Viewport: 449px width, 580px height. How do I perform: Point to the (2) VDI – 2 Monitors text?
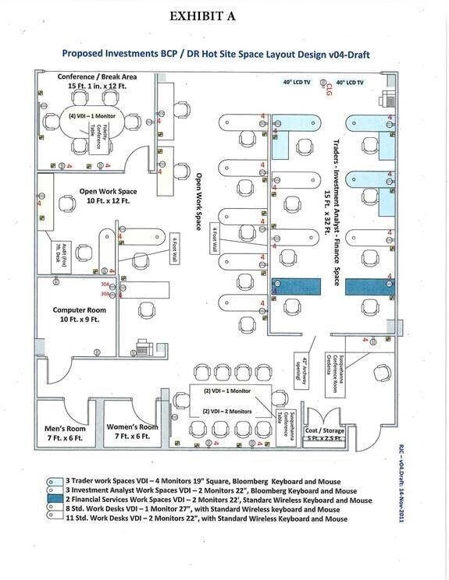pos(227,410)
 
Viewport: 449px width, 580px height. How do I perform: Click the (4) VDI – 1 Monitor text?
pos(79,116)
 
